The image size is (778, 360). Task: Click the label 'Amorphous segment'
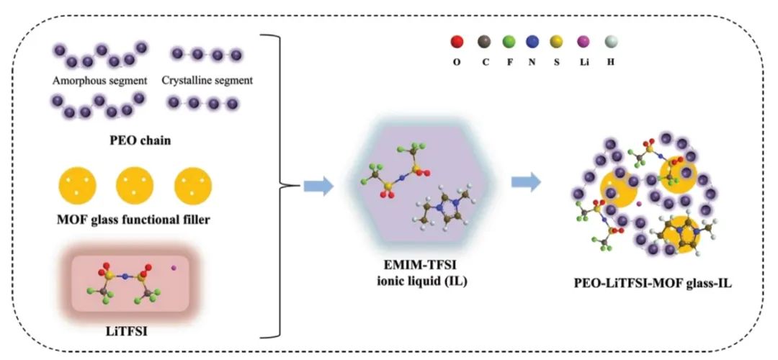[x=97, y=80]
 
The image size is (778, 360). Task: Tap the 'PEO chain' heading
[x=141, y=138]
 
